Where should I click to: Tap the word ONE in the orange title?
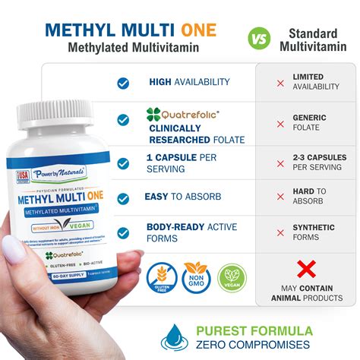197,30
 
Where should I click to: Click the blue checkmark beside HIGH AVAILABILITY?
123,83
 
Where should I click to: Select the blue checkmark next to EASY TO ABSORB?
123,197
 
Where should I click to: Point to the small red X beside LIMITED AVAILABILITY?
280,83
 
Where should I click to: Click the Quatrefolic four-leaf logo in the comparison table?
153,115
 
